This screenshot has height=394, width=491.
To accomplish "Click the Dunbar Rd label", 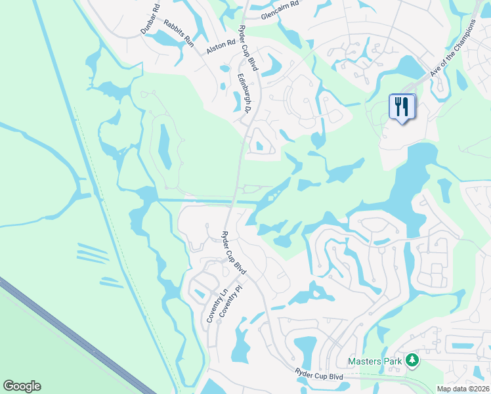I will coord(150,21).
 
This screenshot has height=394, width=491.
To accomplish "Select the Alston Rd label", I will coord(221,47).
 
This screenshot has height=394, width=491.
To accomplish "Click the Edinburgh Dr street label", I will coord(245,92).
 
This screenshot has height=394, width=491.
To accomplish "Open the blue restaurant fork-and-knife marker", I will coord(402,106).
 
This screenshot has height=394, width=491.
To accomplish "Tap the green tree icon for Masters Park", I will coord(412,360).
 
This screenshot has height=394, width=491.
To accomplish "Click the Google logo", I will coord(22,386).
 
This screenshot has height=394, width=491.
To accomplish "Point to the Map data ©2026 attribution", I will coord(463,389).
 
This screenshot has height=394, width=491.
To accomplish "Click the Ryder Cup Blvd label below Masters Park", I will coord(319,376).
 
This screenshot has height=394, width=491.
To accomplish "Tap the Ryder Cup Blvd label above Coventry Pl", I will coord(234,252).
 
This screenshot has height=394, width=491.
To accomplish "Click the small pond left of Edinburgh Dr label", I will coord(237,102).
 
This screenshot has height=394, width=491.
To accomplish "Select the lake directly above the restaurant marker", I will coord(407,66).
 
